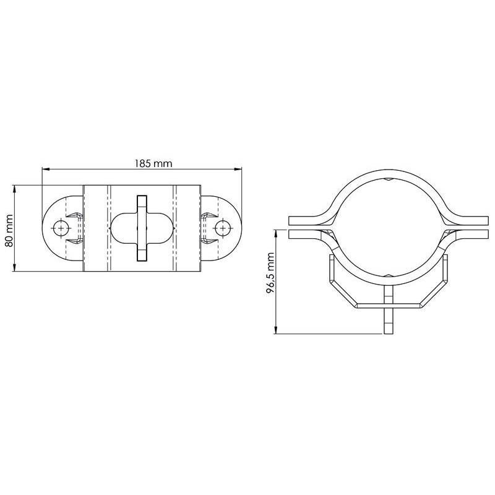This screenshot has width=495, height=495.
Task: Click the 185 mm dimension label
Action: pyautogui.click(x=153, y=163)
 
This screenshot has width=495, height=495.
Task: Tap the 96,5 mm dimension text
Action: pyautogui.click(x=270, y=273)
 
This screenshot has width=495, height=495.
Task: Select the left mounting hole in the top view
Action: pyautogui.click(x=61, y=228)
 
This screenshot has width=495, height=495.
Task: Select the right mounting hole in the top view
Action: pyautogui.click(x=223, y=228)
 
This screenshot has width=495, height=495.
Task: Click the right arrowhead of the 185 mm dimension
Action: pyautogui.click(x=238, y=170)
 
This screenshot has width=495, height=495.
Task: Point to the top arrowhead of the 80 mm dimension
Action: pyautogui.click(x=14, y=189)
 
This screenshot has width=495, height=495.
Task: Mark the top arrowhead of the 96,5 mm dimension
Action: pyautogui.click(x=276, y=234)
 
